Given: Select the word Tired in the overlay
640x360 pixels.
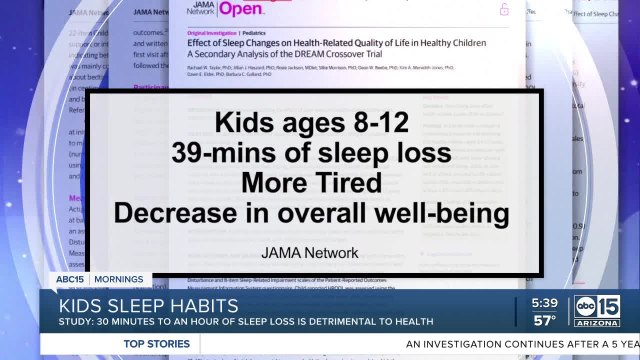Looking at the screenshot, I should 373,184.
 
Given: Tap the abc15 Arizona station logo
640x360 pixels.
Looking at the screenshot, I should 597,311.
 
